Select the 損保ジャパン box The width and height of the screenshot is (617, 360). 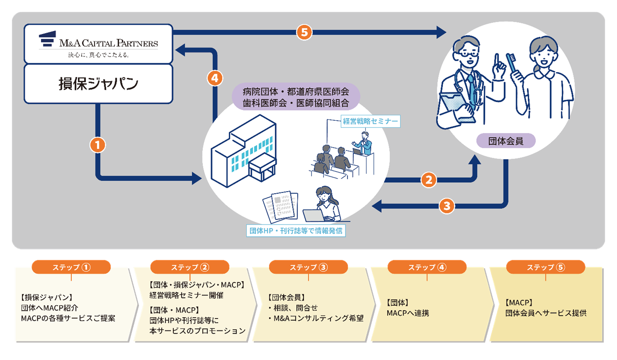[x=98, y=84]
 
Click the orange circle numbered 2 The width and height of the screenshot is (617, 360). [x=428, y=180]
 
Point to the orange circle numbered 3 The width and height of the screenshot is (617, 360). [x=447, y=206]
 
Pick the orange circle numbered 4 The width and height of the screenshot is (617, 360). [x=215, y=78]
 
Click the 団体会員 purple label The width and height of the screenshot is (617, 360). [x=506, y=141]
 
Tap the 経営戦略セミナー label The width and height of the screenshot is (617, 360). [x=370, y=121]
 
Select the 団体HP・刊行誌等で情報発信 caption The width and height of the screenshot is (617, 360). [x=296, y=231]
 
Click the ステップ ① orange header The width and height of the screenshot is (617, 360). [x=71, y=267]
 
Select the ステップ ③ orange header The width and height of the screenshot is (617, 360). [x=308, y=267]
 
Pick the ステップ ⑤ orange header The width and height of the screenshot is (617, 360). [x=546, y=267]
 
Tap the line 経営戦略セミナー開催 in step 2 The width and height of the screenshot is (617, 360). [x=186, y=295]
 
